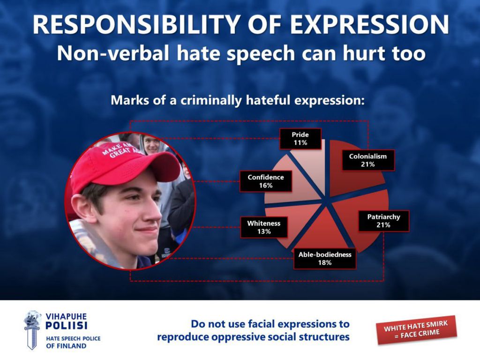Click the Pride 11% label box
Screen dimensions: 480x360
tap(300, 139)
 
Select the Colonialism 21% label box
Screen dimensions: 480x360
tap(368, 160)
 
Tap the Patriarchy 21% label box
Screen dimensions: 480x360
tap(383, 221)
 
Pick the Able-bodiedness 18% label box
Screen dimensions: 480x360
tap(325, 259)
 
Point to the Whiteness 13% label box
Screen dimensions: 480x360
tap(264, 227)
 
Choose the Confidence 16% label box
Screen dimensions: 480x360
tap(266, 181)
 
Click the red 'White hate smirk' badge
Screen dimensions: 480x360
tap(416, 330)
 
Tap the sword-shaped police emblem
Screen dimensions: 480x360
tap(32, 330)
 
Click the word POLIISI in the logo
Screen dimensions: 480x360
tap(66, 325)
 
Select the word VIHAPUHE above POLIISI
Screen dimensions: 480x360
tap(66, 316)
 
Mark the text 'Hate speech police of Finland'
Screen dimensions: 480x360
tap(73, 342)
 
